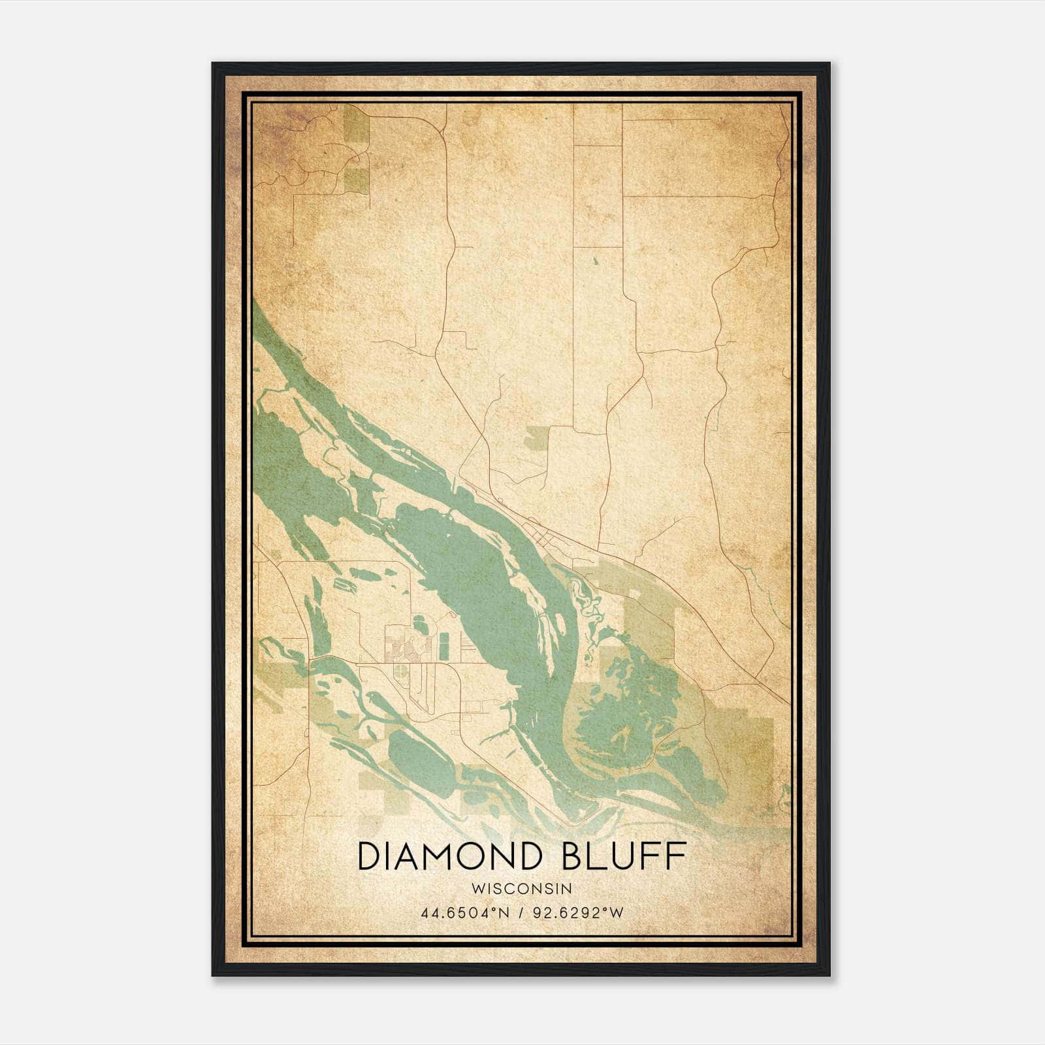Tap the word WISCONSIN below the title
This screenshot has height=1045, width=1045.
pyautogui.click(x=522, y=888)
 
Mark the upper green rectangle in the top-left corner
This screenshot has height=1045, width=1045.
pyautogui.click(x=356, y=124)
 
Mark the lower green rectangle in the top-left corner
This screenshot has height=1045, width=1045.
pyautogui.click(x=356, y=180)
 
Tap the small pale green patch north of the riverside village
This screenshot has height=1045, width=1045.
pyautogui.click(x=537, y=438)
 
